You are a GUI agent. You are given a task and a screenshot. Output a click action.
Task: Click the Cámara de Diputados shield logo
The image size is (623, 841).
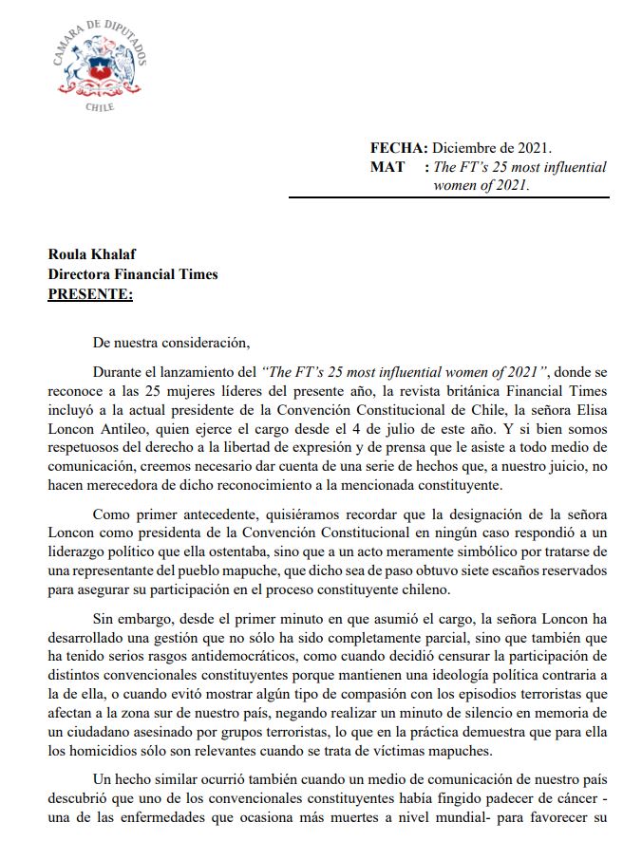[x=100, y=65]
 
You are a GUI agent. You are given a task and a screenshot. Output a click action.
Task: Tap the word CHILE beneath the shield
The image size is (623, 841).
[x=100, y=107]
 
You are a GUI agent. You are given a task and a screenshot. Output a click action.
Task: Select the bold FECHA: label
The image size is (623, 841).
[x=399, y=148]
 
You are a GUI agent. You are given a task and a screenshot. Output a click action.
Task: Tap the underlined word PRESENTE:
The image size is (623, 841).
[x=90, y=294]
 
